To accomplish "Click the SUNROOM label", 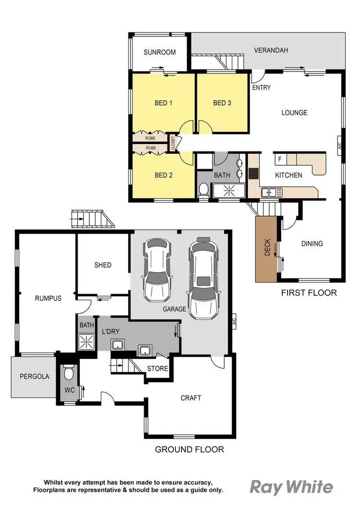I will point(159,52).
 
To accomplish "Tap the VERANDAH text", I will point(271,50).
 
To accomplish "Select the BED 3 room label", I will point(222,103).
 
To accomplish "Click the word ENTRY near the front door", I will point(261,87).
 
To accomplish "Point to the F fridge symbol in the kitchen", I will point(279,159).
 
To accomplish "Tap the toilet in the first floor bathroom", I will point(203,190).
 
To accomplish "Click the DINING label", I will point(312,244).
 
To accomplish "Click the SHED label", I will point(103,265).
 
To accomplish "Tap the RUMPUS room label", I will point(48,298).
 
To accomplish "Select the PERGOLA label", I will point(35,377).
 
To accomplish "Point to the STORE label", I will point(157,369).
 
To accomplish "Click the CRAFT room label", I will point(191,398).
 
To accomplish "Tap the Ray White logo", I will point(291,487).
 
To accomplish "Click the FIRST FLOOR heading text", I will point(309,293).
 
